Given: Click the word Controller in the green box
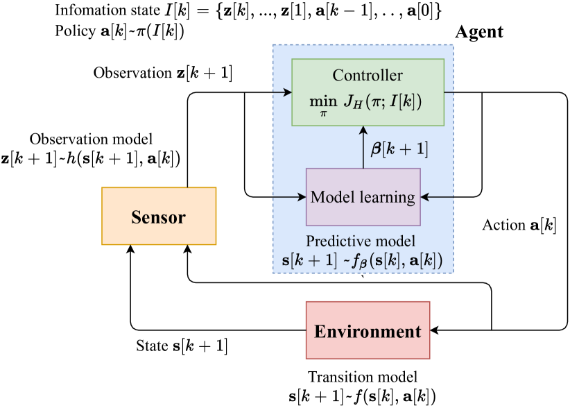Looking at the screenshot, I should point(368,76).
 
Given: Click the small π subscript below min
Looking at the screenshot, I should point(322,113).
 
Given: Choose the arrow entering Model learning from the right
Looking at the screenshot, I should point(437,197).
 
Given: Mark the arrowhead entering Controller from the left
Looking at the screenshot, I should point(287,92).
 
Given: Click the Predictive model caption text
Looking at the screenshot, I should point(361,241).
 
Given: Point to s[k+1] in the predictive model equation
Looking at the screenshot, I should point(306,261).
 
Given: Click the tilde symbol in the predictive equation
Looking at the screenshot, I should point(345,261).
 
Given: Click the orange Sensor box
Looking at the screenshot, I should point(159,216).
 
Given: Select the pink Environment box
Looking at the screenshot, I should point(368,330).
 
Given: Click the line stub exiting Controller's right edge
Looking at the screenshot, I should point(449,92).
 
